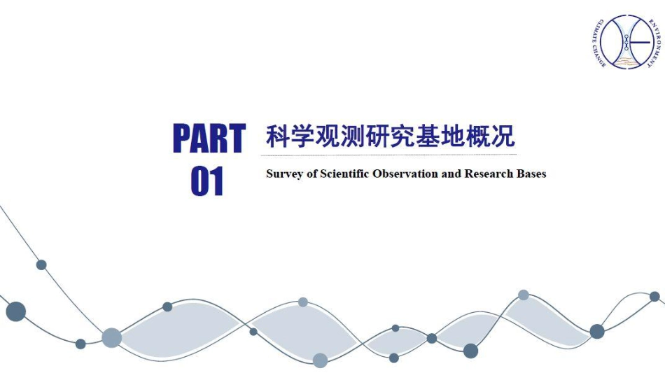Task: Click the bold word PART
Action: coord(209,138)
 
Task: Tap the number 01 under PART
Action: coord(207,181)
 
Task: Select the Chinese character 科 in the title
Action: coord(278,136)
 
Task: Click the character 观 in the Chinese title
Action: coord(328,136)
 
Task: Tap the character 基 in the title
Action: coord(428,136)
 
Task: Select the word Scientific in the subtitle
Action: coord(344,174)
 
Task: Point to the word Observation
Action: coord(405,174)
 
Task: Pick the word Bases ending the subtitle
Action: coord(531,174)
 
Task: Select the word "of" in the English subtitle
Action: coord(311,174)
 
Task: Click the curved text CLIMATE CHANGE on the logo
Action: coord(597,43)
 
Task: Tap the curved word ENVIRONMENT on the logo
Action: coord(654,43)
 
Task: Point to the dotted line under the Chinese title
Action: coord(388,155)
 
